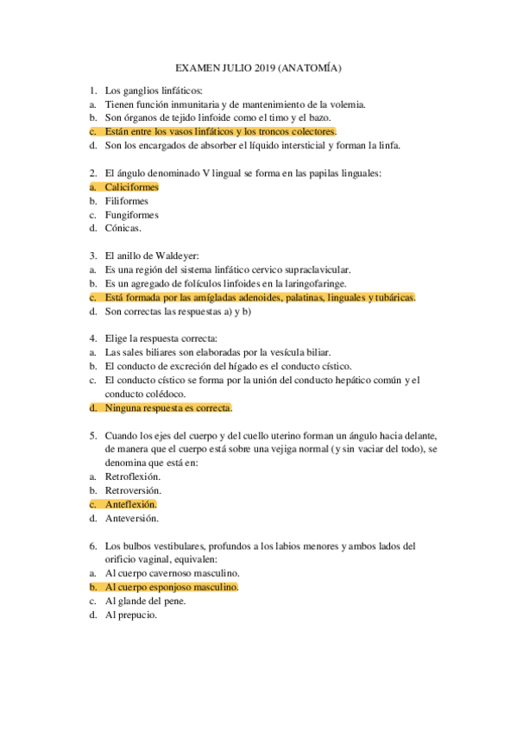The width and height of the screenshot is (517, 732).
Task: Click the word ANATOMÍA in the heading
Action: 315,67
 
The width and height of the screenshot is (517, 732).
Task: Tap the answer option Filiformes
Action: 126,201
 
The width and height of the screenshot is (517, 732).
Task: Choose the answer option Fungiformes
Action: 131,215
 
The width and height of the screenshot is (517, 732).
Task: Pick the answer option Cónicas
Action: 123,229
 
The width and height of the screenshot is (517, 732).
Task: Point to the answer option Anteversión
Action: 132,519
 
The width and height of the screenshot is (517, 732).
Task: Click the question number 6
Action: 92,546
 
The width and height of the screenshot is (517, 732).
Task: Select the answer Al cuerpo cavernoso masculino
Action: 172,574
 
